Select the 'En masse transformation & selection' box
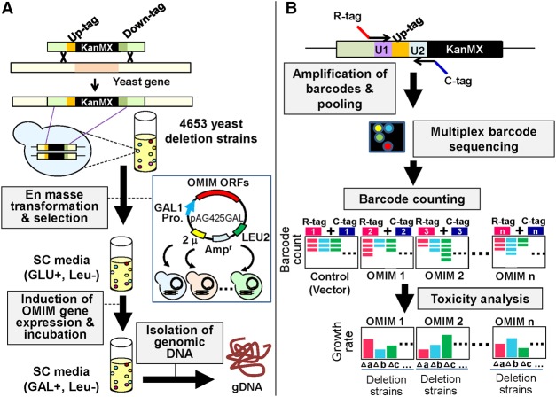tap(54, 206)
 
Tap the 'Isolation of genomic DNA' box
tap(179, 342)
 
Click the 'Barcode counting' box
tap(411, 198)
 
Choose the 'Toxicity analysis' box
tap(480, 300)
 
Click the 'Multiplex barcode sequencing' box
tap(483, 138)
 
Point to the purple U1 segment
tap(382, 50)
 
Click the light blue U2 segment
tap(418, 50)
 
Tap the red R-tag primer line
tap(363, 30)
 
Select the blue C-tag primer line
tap(441, 67)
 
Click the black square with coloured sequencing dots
tap(387, 136)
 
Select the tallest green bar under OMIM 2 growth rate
tap(446, 346)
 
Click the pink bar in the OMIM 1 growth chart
tap(368, 348)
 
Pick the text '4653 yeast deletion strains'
tap(211, 131)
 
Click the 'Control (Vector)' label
tap(330, 283)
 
